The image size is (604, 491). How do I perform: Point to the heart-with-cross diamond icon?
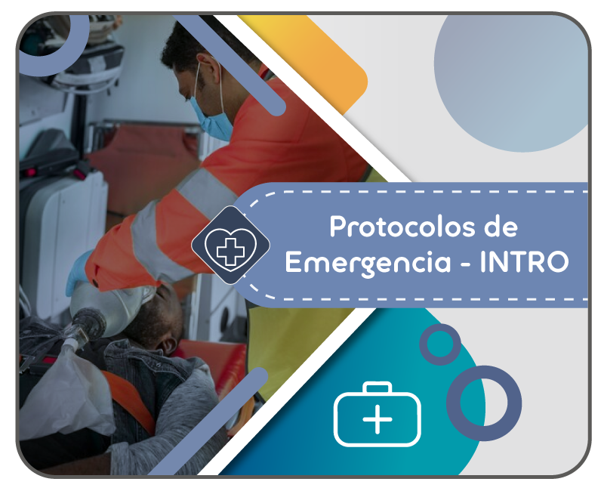[x=230, y=245]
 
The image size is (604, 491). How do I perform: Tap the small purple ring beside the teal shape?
[x=440, y=344]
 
